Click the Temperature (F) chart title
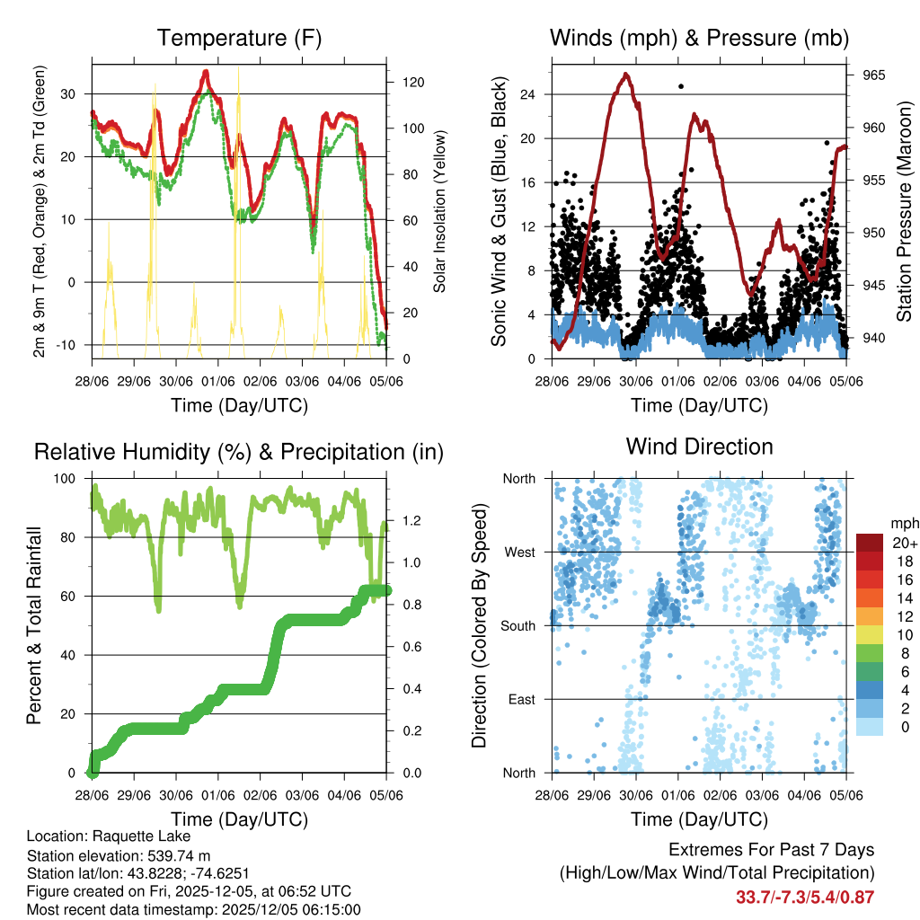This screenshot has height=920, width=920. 239,38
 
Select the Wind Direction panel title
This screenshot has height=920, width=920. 699,447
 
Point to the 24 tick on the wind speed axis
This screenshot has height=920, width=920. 528,94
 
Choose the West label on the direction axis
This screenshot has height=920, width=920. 519,552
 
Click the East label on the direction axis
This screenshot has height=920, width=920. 521,699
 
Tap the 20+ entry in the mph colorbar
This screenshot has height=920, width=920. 903,543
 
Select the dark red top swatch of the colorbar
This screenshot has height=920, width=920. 870,543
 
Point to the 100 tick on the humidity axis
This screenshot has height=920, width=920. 66,478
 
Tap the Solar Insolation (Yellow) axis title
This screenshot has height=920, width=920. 440,212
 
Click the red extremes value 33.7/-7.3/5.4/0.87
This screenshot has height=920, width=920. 805,897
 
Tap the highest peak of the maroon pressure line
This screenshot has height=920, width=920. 626,75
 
